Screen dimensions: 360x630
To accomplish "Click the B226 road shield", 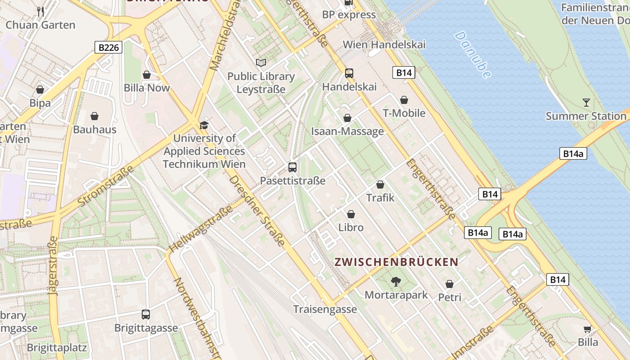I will pos(108,47).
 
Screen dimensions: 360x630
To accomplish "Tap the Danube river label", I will pos(472,54).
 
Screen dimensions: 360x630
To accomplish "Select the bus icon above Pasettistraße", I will pos(292,167).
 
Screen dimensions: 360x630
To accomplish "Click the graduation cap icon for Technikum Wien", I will pos(204,125).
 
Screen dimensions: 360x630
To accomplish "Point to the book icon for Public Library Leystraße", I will pos(261,63).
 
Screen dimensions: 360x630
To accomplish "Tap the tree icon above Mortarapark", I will pos(396,282).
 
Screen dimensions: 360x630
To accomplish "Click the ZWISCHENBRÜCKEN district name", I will pos(396,262).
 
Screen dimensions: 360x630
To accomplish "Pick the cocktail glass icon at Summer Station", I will pos(586,103).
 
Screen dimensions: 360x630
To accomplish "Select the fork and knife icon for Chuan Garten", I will pos(40,12).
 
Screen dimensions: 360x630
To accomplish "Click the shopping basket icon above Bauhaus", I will pos(94,117).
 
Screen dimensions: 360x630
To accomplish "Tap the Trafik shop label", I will pos(380,198).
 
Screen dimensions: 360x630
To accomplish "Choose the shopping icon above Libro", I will pos(351,214).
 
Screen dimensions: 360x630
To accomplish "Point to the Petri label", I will pos(450,297).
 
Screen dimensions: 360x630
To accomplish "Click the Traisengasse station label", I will pos(325,309).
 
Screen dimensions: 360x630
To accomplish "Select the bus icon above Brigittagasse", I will pos(146,315).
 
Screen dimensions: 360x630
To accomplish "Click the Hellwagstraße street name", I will pos(201,229).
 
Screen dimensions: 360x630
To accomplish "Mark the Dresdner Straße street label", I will pos(257,211).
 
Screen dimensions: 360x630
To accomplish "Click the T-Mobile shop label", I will pos(404,113).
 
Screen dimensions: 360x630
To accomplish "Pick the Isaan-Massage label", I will pos(347,131).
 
